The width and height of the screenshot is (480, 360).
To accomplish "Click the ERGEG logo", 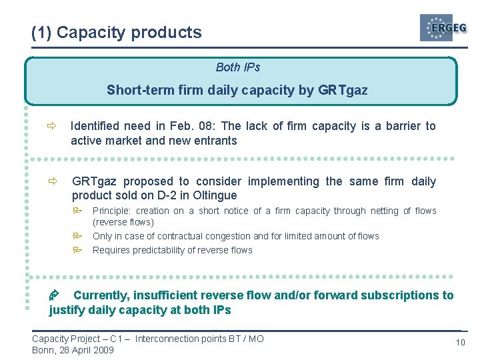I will point(443,28).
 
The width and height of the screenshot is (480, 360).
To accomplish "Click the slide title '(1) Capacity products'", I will point(116,32).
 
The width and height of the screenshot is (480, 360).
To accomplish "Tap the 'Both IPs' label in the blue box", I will point(238,67).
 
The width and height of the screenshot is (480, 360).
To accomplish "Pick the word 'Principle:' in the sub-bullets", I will point(112,211).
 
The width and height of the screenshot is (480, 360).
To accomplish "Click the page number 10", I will point(460,342).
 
